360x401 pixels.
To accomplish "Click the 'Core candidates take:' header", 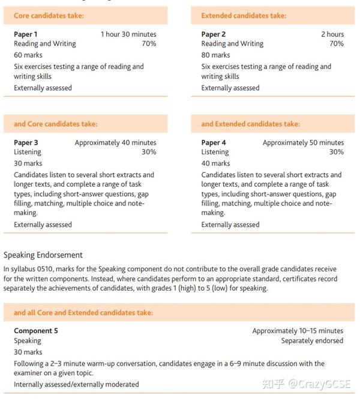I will pos(49,16).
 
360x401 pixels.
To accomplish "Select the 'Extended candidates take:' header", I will pos(244,16).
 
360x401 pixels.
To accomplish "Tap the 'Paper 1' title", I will pos(26,34).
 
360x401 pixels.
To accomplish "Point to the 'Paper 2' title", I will pos(214,34).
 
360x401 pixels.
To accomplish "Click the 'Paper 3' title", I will pos(26,143).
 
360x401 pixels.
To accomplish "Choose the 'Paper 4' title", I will pos(214,143).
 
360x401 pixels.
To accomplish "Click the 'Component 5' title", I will pos(36,331).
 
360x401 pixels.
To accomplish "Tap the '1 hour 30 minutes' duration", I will pos(128,34).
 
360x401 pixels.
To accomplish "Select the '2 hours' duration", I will pos(332,34).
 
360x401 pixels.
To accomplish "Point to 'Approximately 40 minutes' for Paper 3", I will pos(115,143).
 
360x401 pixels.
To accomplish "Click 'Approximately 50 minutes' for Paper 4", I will pos(303,143).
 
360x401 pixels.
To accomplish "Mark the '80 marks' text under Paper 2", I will pos(215,55).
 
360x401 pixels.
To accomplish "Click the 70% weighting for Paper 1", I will pos(149,44).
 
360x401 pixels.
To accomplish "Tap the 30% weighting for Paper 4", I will pos(337,152).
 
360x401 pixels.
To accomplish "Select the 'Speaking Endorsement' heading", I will pos(43,255).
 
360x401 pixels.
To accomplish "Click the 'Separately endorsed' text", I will pos(312,341).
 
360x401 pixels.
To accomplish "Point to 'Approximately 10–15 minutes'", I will pos(298,331).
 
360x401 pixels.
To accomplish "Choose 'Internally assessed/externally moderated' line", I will pos(76,384).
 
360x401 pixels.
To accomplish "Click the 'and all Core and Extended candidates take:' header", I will pos(83,313).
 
